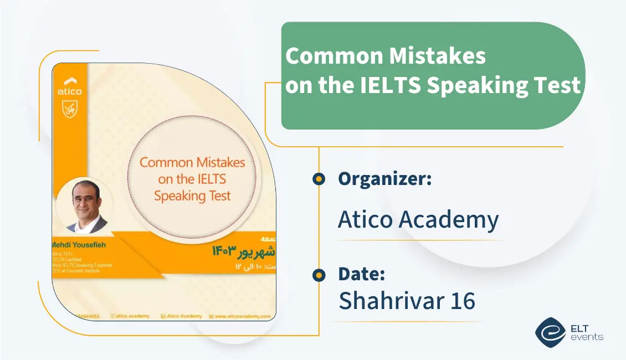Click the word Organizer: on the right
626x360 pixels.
tap(384, 179)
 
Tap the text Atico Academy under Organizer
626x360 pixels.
tap(418, 220)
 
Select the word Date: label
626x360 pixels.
tap(361, 274)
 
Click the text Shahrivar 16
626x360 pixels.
tap(407, 301)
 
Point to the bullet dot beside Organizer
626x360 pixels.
tap(319, 179)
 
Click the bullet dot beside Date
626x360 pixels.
tap(319, 275)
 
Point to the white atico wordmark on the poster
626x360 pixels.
tap(69, 91)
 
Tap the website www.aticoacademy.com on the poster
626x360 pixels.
tap(243, 316)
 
